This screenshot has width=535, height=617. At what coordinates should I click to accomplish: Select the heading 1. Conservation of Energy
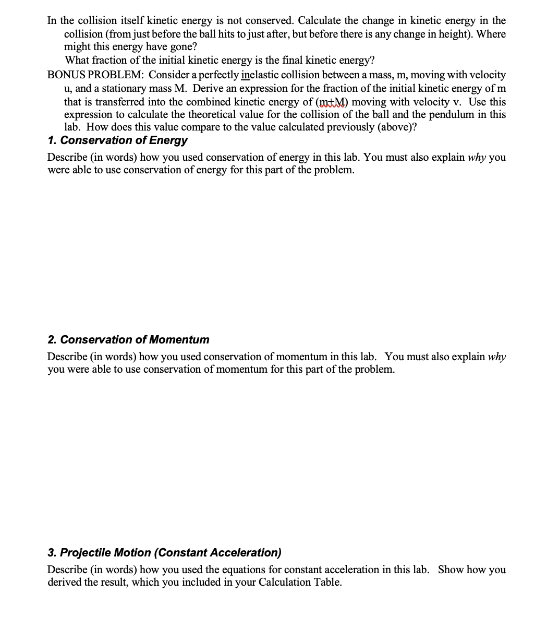(117, 140)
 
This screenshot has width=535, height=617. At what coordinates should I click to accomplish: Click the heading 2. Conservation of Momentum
(128, 340)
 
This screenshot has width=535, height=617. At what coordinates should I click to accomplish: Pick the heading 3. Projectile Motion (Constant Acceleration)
(164, 552)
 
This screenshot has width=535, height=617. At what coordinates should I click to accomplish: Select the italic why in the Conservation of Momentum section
(496, 357)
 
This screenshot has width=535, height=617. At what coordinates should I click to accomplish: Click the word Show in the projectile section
(451, 569)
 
